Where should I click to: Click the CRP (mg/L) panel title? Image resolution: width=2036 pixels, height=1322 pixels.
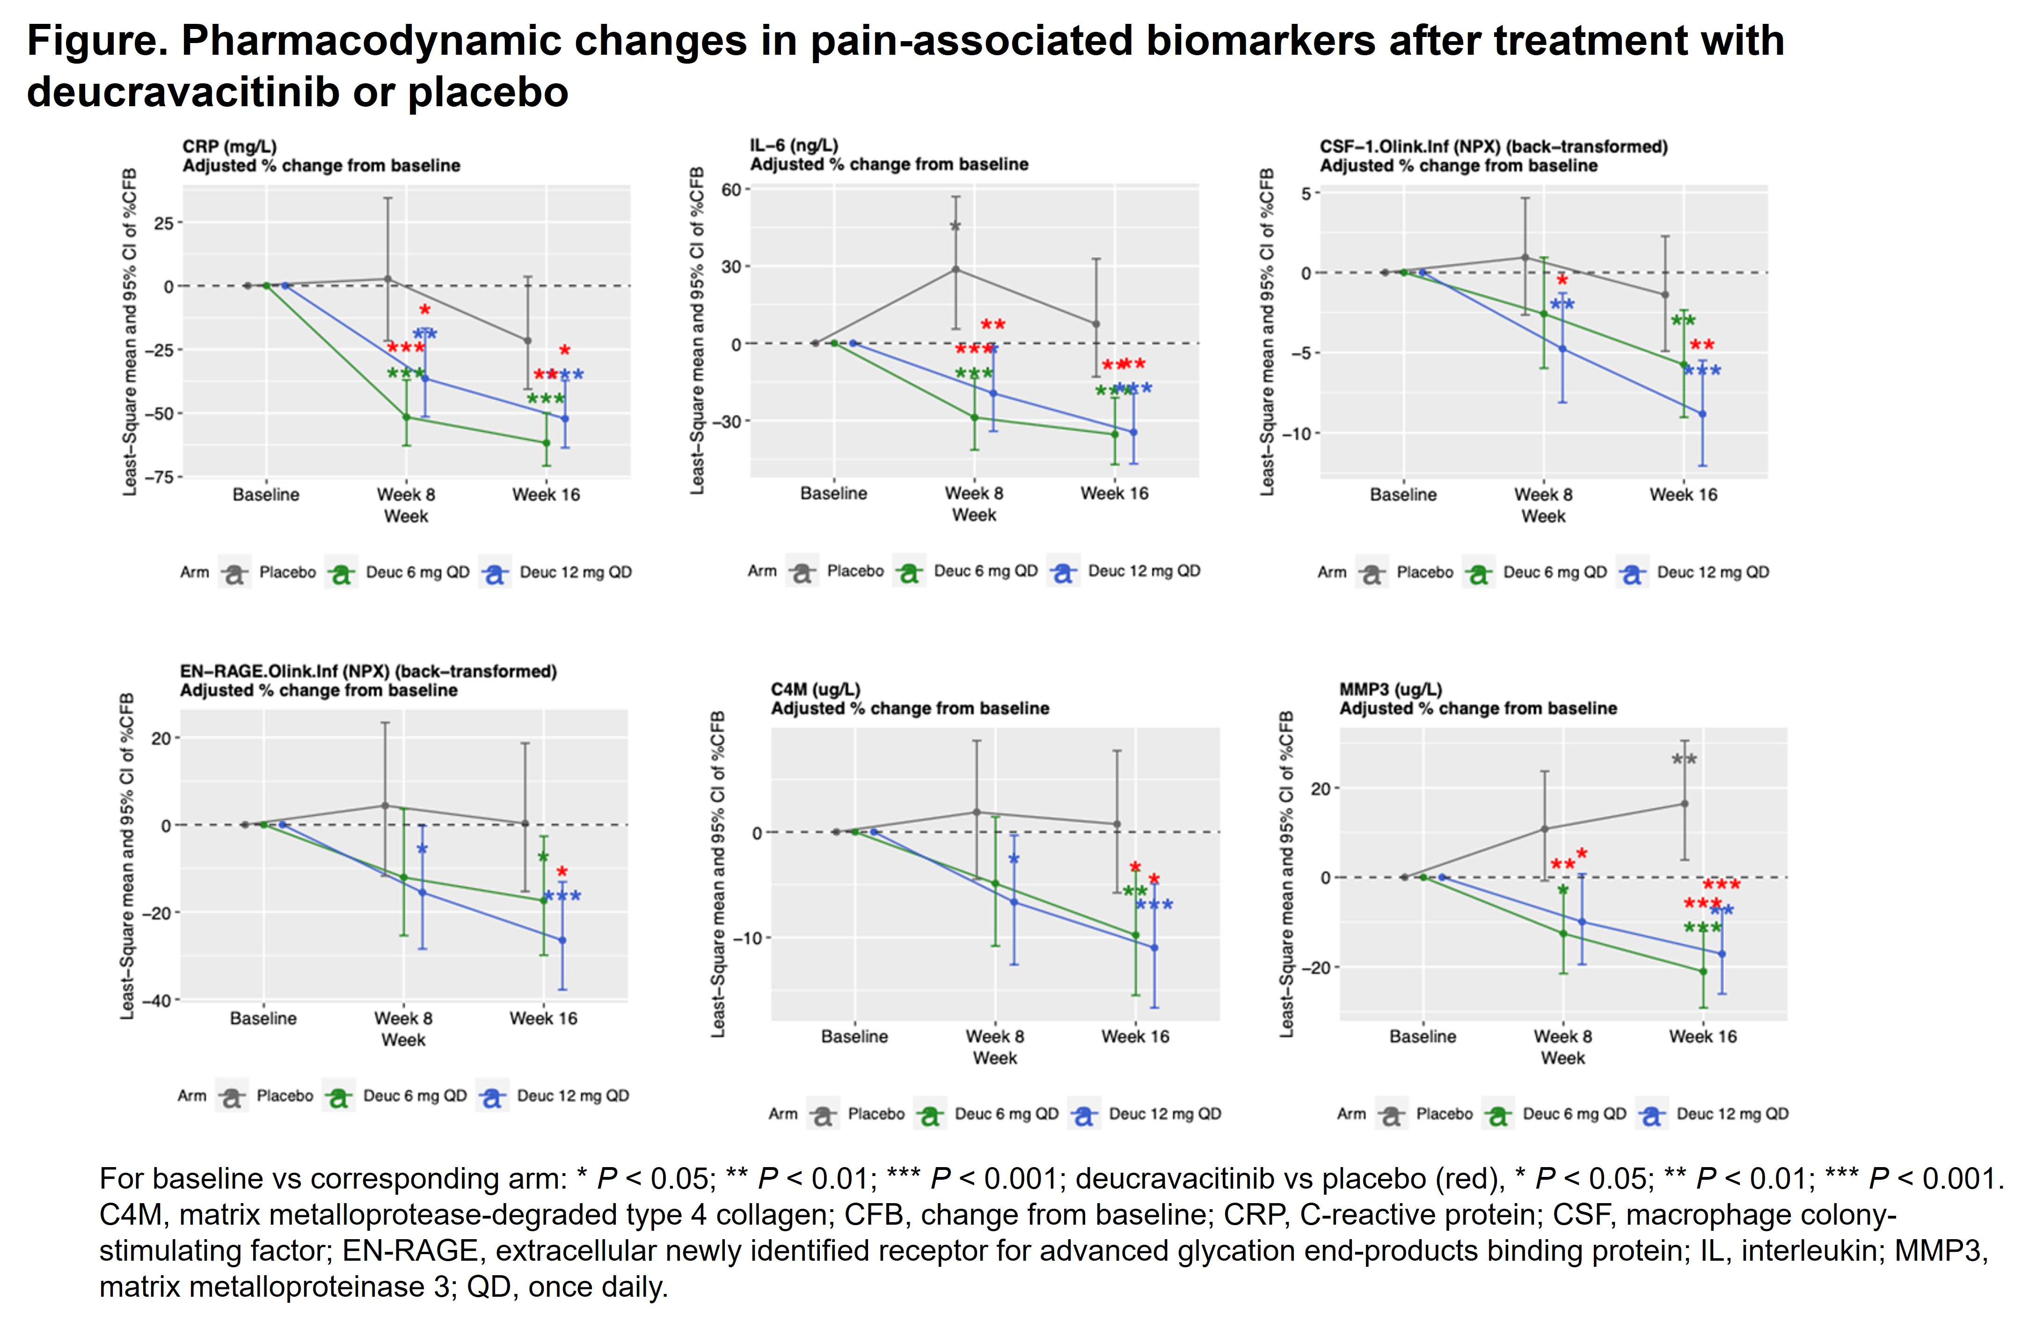click(229, 146)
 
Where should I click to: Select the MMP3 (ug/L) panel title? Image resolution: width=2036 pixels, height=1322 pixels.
click(1390, 689)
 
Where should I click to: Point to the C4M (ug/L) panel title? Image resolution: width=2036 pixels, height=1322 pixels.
click(815, 689)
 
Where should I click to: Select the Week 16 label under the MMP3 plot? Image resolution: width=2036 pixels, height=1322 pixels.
click(1702, 1036)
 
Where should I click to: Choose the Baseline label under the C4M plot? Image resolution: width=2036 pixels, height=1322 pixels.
click(854, 1036)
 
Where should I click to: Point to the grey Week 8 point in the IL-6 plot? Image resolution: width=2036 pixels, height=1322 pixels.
click(956, 270)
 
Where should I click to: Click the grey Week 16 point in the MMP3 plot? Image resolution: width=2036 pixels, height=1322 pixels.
click(1685, 803)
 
